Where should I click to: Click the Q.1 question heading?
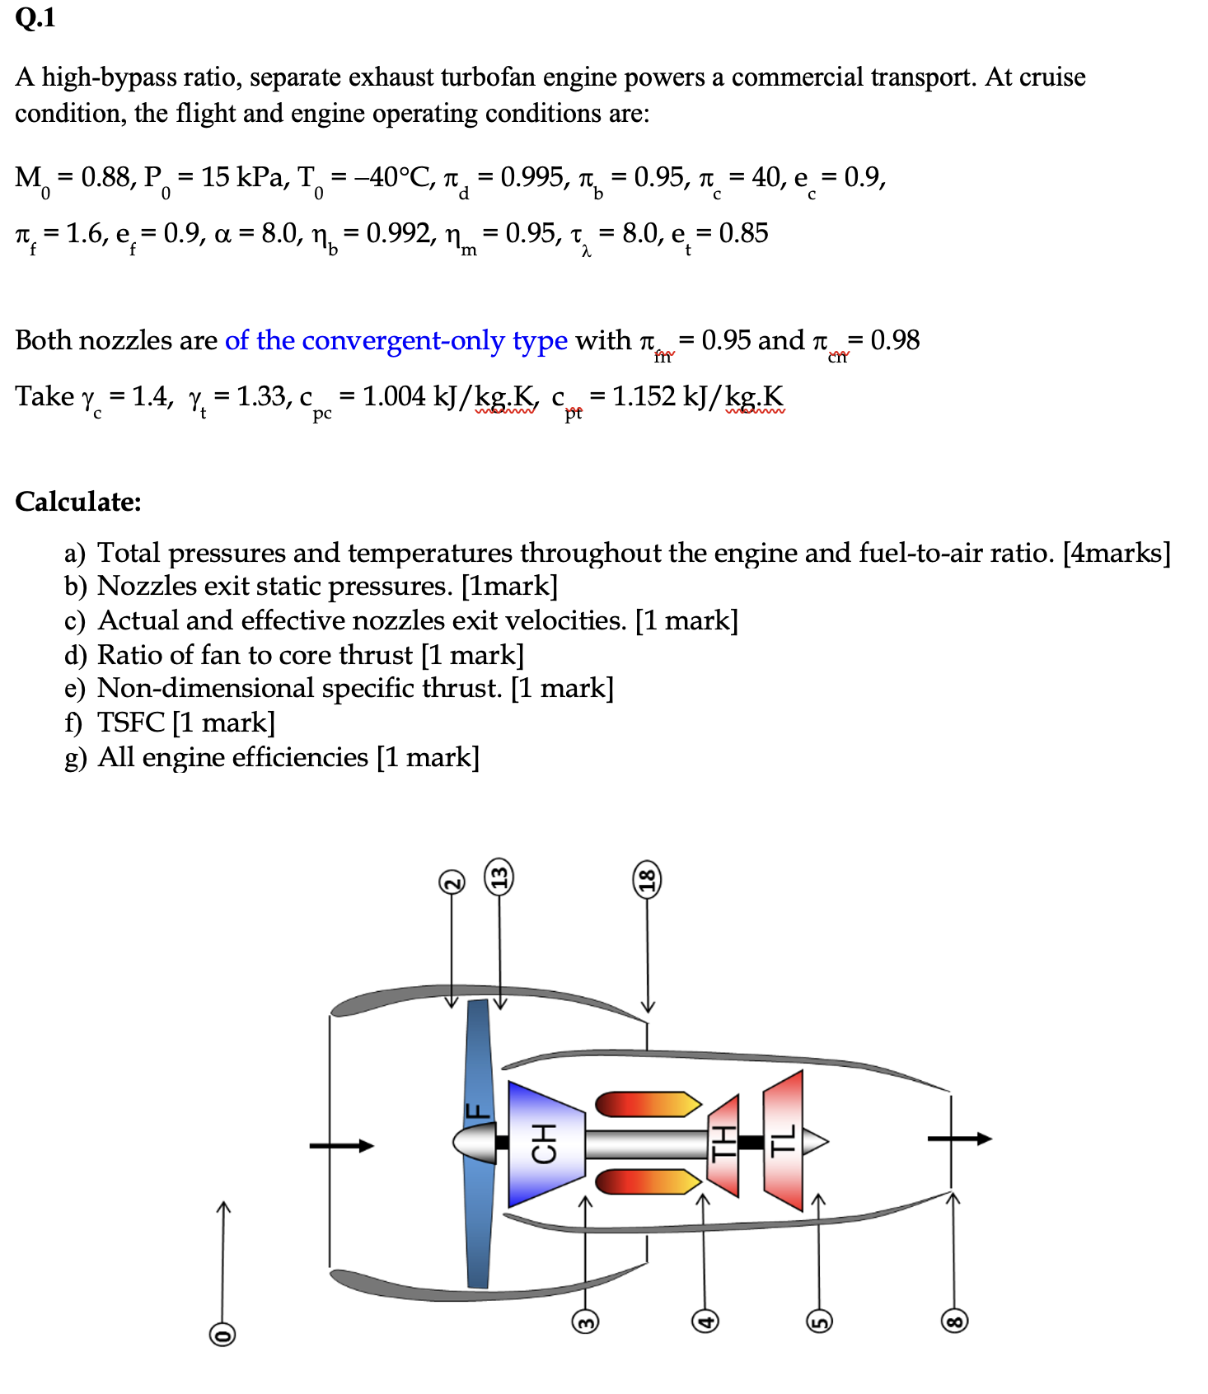(35, 17)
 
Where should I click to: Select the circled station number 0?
(222, 1334)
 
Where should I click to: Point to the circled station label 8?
(953, 1321)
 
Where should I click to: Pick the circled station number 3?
(585, 1321)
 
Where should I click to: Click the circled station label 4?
(704, 1321)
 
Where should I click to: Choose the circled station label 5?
(819, 1321)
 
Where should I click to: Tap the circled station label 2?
(451, 882)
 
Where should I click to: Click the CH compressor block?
(544, 1143)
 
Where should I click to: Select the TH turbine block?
(723, 1144)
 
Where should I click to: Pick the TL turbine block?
(783, 1141)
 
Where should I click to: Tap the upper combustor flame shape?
(646, 1104)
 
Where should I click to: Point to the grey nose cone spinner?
(473, 1143)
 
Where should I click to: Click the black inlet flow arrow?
(341, 1145)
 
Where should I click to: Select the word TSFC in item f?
(131, 723)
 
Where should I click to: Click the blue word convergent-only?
(403, 340)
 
